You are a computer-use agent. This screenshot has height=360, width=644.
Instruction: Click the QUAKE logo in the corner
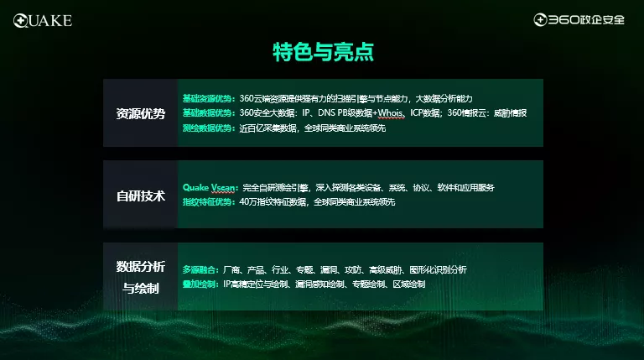click(x=42, y=19)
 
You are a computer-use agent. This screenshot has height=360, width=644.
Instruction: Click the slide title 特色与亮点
click(x=322, y=53)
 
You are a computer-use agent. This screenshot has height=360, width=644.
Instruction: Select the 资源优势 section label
click(x=140, y=113)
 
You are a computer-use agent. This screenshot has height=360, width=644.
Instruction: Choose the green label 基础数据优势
click(x=209, y=113)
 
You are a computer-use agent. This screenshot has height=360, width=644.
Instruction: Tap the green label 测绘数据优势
click(x=209, y=128)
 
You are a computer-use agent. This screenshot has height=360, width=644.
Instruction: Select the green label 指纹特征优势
click(x=209, y=202)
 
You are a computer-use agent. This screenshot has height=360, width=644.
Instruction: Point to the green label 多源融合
click(x=201, y=270)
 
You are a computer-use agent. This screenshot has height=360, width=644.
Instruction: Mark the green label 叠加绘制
click(x=201, y=285)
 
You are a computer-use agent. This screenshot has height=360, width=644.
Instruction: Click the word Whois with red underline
click(x=389, y=113)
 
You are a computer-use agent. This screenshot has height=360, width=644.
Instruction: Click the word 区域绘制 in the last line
click(x=408, y=285)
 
